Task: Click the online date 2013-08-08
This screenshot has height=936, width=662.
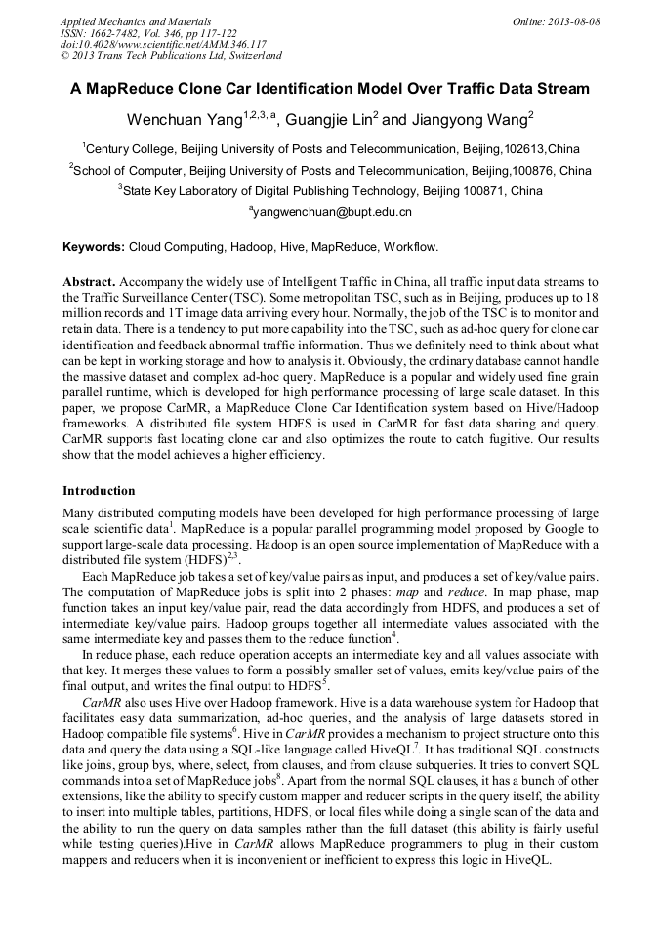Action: (576, 20)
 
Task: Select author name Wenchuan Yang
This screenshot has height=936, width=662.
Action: (183, 120)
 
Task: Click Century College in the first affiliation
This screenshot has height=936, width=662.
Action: (130, 149)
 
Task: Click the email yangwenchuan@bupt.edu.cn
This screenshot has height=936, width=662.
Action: (333, 211)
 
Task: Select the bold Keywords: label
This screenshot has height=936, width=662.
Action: (93, 247)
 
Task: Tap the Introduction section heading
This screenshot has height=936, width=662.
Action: (99, 490)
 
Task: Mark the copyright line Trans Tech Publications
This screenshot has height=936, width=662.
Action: (172, 56)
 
